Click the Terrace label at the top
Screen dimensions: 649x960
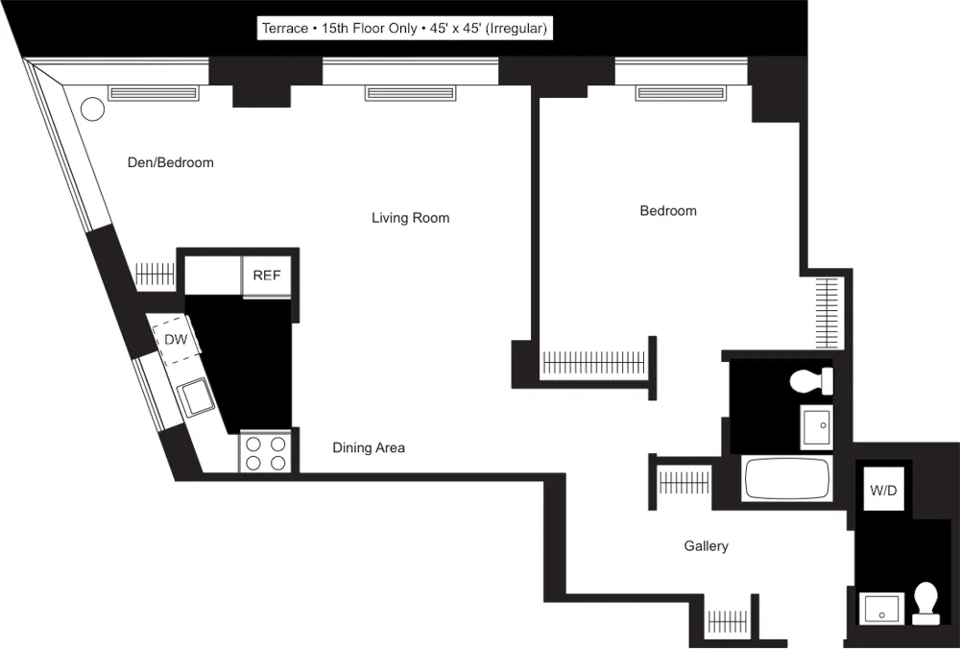coord(404,29)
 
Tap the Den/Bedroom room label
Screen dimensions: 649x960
coord(171,162)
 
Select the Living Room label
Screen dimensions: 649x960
coord(410,218)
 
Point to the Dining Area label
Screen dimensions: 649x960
coord(369,447)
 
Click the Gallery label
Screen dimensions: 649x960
coord(706,546)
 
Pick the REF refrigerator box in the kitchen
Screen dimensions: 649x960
coord(266,276)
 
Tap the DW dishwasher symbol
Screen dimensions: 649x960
coord(175,340)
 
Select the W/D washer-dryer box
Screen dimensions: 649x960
coord(883,491)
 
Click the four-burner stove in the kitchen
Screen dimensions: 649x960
coord(265,452)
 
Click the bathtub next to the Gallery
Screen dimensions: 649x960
coord(785,478)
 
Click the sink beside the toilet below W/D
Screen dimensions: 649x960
coord(880,609)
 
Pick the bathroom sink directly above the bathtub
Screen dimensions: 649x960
coord(817,426)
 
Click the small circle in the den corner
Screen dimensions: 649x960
coord(91,108)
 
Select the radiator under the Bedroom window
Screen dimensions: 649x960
coord(681,92)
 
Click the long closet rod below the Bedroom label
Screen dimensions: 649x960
coord(594,362)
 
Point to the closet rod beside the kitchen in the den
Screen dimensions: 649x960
coord(154,276)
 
